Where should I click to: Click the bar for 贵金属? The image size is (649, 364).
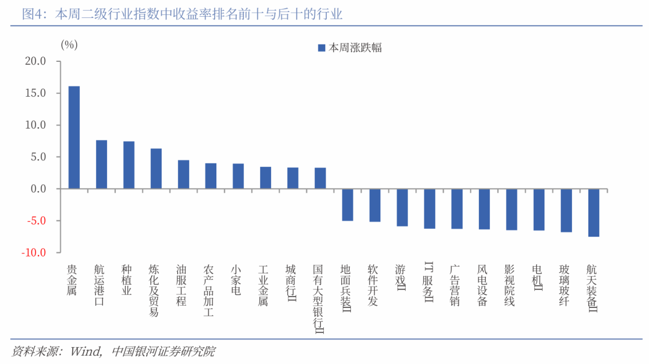(74, 138)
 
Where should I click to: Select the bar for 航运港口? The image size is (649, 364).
(102, 165)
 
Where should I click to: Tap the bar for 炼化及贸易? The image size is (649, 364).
(156, 169)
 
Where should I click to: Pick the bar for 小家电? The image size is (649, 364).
(238, 176)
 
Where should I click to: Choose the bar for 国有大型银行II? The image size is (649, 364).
(320, 178)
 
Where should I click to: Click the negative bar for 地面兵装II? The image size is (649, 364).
(348, 205)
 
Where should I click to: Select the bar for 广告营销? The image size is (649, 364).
(457, 209)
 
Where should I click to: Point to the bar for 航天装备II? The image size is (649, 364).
(594, 213)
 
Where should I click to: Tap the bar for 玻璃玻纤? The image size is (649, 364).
(566, 211)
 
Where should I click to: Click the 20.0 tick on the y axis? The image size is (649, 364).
(35, 61)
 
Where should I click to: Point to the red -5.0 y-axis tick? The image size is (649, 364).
(37, 221)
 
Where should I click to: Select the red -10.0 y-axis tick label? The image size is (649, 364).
(34, 253)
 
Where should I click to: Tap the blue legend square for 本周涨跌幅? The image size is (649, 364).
(321, 48)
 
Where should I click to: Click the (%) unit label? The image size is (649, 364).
(69, 44)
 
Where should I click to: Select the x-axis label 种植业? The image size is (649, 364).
(126, 280)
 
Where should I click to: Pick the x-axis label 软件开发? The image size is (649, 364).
(373, 285)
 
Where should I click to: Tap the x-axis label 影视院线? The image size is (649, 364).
(510, 285)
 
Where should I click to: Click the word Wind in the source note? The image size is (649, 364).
(86, 351)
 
